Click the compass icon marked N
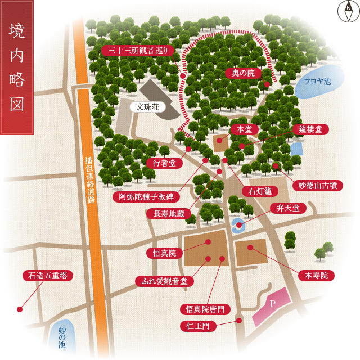348,12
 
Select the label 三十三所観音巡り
138,51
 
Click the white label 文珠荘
148,106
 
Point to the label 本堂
244,129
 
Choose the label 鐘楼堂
310,129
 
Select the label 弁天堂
288,208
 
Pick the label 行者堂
164,163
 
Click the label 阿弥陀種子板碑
146,196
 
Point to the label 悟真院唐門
205,309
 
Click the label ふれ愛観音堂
164,281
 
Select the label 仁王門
197,326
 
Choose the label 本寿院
316,275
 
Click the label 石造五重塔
48,276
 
